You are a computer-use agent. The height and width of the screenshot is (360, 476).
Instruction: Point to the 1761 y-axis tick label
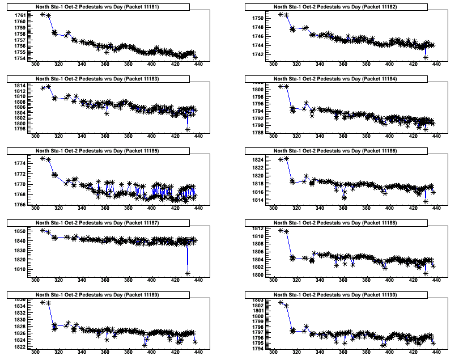[x=20, y=15]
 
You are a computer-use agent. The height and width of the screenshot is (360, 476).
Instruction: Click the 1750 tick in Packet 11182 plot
[x=257, y=18]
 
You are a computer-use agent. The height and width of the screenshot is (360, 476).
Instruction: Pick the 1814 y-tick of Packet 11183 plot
[x=20, y=86]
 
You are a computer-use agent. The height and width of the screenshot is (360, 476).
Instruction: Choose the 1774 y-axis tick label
[x=20, y=163]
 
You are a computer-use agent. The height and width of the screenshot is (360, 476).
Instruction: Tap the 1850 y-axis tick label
[x=20, y=231]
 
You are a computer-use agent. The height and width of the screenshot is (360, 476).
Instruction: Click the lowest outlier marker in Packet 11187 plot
[x=188, y=274]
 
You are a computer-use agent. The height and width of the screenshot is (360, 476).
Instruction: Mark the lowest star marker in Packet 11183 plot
[x=188, y=130]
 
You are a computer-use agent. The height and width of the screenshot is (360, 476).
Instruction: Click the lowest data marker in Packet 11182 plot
[x=426, y=57]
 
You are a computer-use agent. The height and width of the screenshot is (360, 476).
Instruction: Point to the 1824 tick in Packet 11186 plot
[x=257, y=160]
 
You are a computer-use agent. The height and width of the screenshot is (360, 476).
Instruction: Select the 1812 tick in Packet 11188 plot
[x=257, y=228]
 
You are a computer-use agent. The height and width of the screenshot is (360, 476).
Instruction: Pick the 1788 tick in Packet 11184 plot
[x=257, y=133]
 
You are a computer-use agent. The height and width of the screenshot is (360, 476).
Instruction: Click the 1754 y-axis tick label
[x=20, y=58]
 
